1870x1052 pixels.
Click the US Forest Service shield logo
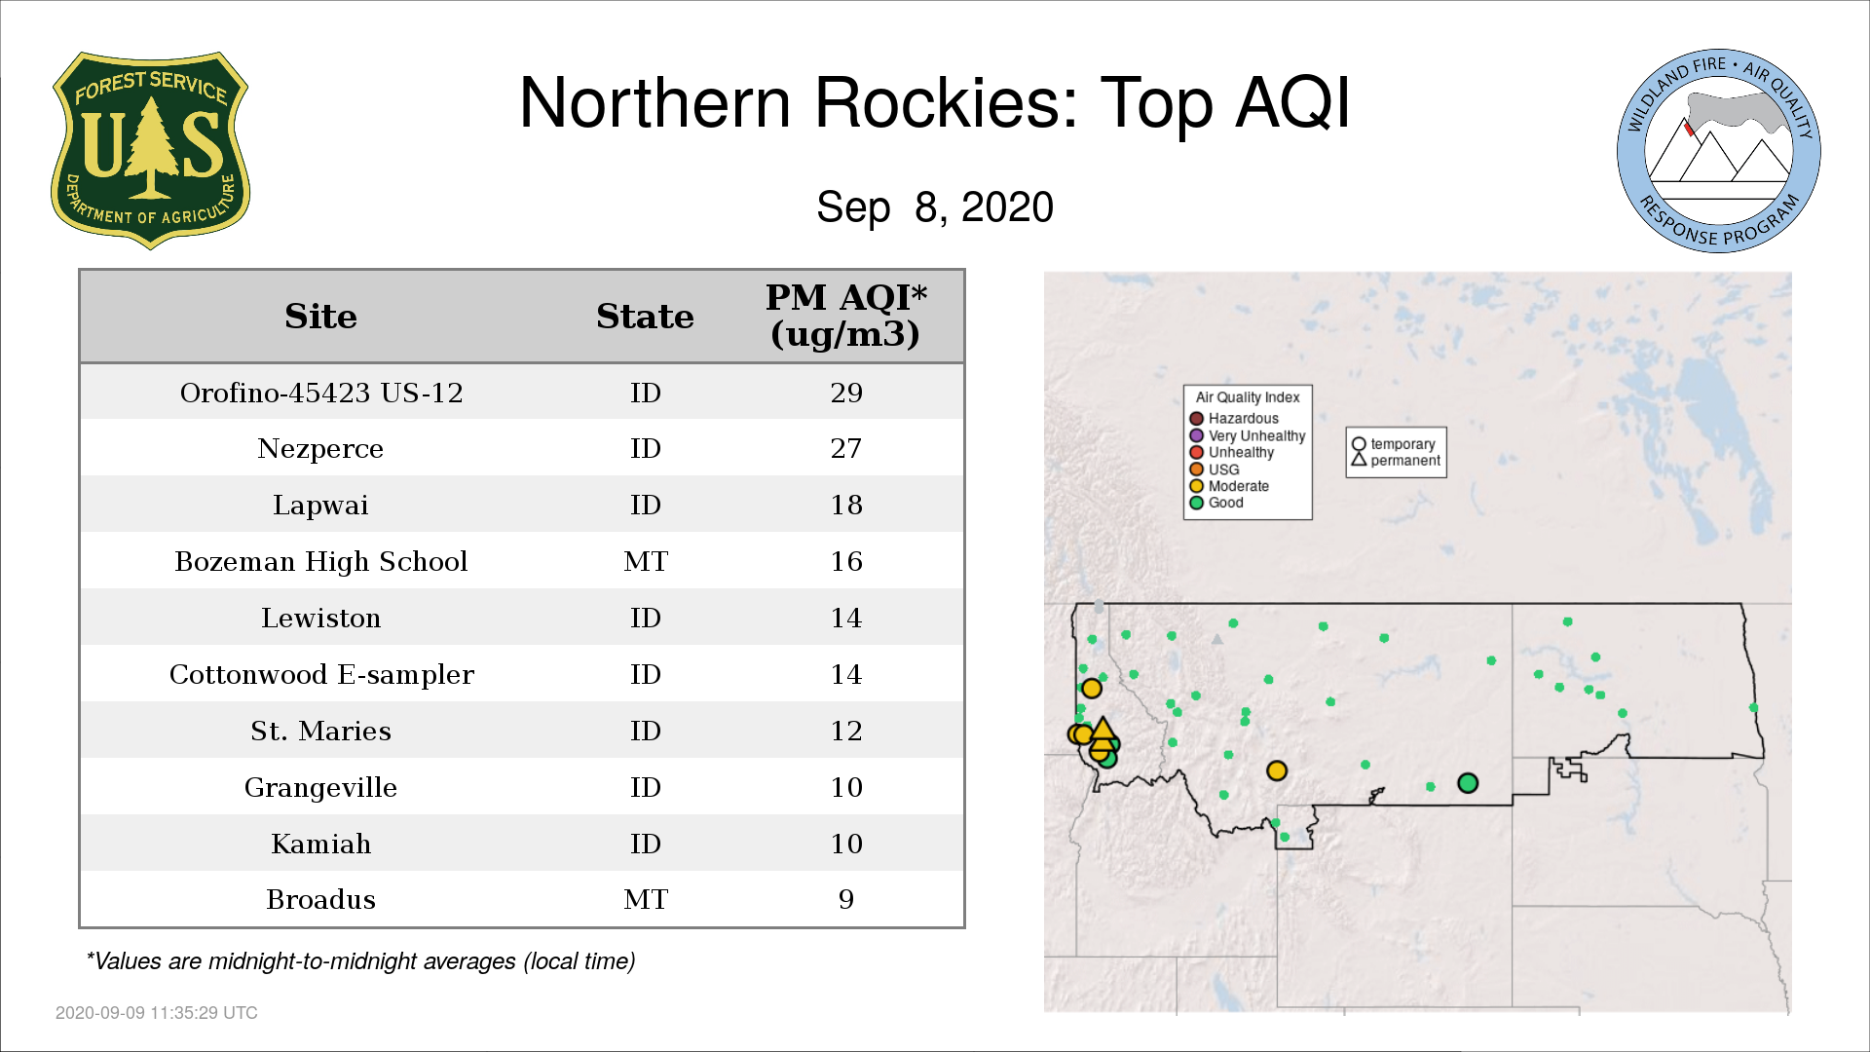click(x=150, y=150)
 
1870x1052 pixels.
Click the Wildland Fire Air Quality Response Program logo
click(x=1719, y=151)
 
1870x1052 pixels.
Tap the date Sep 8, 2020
click(x=935, y=207)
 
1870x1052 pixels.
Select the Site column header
click(x=320, y=317)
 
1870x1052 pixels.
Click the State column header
click(x=645, y=317)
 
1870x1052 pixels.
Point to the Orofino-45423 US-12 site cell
click(x=321, y=393)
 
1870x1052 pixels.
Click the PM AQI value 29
click(x=846, y=393)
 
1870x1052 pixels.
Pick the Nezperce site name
click(x=320, y=449)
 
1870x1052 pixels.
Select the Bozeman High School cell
click(x=321, y=562)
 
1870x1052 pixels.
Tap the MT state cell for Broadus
click(x=646, y=900)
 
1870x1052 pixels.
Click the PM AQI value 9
click(x=846, y=900)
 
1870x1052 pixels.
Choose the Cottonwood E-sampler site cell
click(x=321, y=675)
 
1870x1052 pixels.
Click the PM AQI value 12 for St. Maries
click(x=846, y=732)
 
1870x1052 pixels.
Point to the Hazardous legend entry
click(x=1234, y=419)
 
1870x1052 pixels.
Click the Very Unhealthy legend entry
click(x=1248, y=435)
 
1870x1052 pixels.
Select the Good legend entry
click(x=1216, y=503)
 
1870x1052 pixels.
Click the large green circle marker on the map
click(x=1468, y=783)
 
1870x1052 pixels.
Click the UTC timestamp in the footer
click(x=157, y=1013)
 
